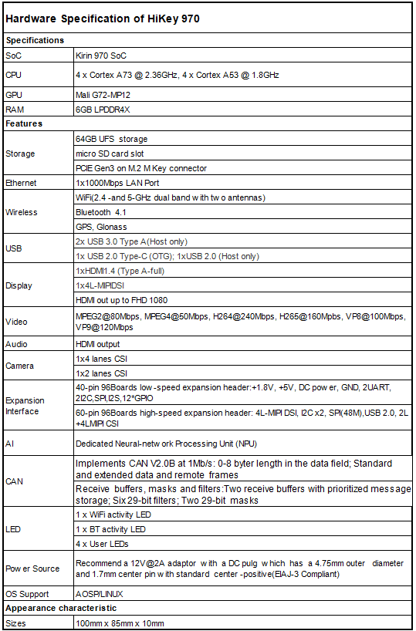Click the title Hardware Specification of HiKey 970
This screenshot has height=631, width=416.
(102, 19)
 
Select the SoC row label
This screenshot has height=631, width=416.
(14, 56)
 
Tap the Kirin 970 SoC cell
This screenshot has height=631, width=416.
(100, 56)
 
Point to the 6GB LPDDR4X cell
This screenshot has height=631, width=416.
(104, 110)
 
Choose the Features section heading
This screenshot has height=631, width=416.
(24, 123)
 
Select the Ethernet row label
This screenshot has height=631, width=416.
(21, 183)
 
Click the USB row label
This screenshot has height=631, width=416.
(14, 248)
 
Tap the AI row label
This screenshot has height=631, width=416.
(9, 444)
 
